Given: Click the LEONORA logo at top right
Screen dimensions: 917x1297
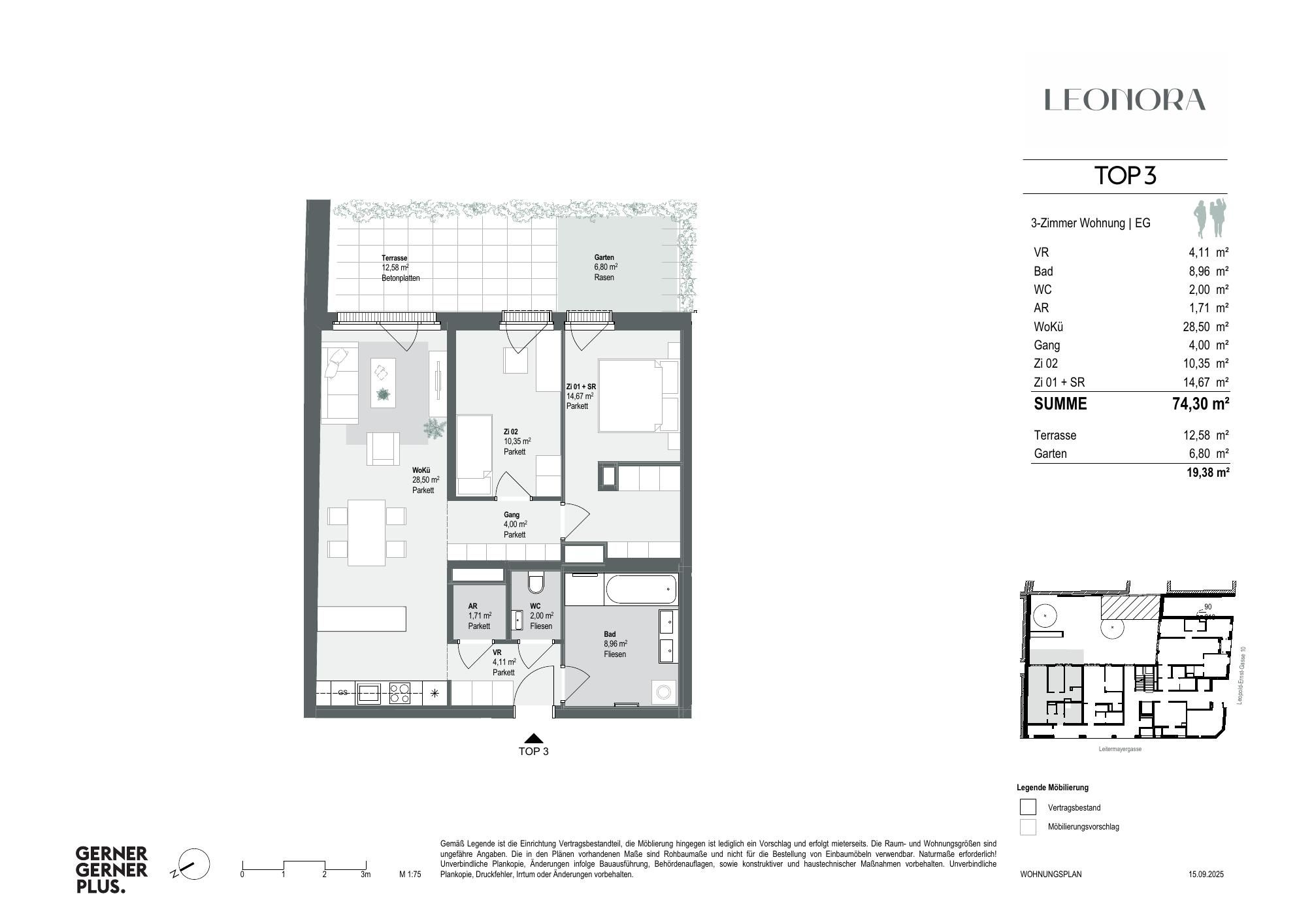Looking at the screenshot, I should [1125, 100].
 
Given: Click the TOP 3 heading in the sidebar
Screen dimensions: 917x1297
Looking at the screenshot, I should [1125, 176].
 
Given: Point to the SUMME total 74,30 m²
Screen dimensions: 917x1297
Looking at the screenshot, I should [1200, 404].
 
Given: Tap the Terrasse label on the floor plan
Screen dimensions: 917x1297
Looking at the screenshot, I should [394, 258].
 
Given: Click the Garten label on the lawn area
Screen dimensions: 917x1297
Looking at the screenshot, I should [604, 257].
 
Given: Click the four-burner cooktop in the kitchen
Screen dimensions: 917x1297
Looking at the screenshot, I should [400, 693].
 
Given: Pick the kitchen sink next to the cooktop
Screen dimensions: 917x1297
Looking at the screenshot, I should [369, 693].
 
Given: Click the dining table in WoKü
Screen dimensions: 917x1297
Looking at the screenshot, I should [367, 532].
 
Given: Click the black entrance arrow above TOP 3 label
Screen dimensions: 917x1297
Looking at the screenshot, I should [534, 738].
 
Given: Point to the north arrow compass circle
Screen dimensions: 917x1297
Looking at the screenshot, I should [194, 865].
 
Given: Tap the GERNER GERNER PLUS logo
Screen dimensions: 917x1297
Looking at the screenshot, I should [112, 869].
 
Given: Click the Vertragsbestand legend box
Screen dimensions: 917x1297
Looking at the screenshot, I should [1028, 807].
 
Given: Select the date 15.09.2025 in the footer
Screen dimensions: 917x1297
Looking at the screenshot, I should [1206, 874].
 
